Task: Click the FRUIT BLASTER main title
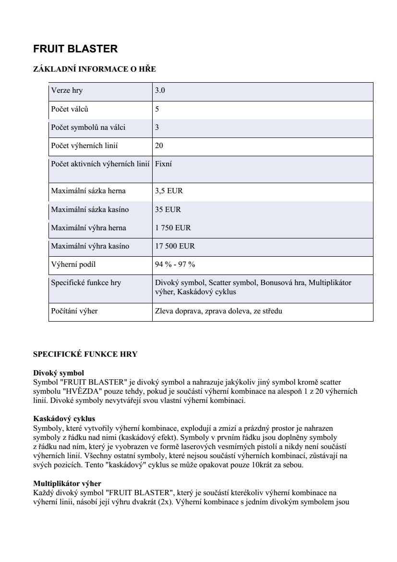pyautogui.click(x=75, y=49)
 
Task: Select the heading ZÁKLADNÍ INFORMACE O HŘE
pyautogui.click(x=94, y=69)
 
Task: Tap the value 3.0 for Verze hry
pyautogui.click(x=160, y=90)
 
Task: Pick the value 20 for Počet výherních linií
pyautogui.click(x=159, y=146)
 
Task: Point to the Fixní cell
pyautogui.click(x=164, y=164)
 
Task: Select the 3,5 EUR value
pyautogui.click(x=169, y=191)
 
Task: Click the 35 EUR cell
pyautogui.click(x=168, y=210)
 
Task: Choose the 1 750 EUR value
pyautogui.click(x=173, y=228)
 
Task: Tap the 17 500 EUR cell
pyautogui.click(x=175, y=246)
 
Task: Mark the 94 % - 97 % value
pyautogui.click(x=175, y=264)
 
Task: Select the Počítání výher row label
pyautogui.click(x=74, y=311)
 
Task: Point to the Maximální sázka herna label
pyautogui.click(x=88, y=191)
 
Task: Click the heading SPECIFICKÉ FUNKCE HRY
pyautogui.click(x=85, y=354)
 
